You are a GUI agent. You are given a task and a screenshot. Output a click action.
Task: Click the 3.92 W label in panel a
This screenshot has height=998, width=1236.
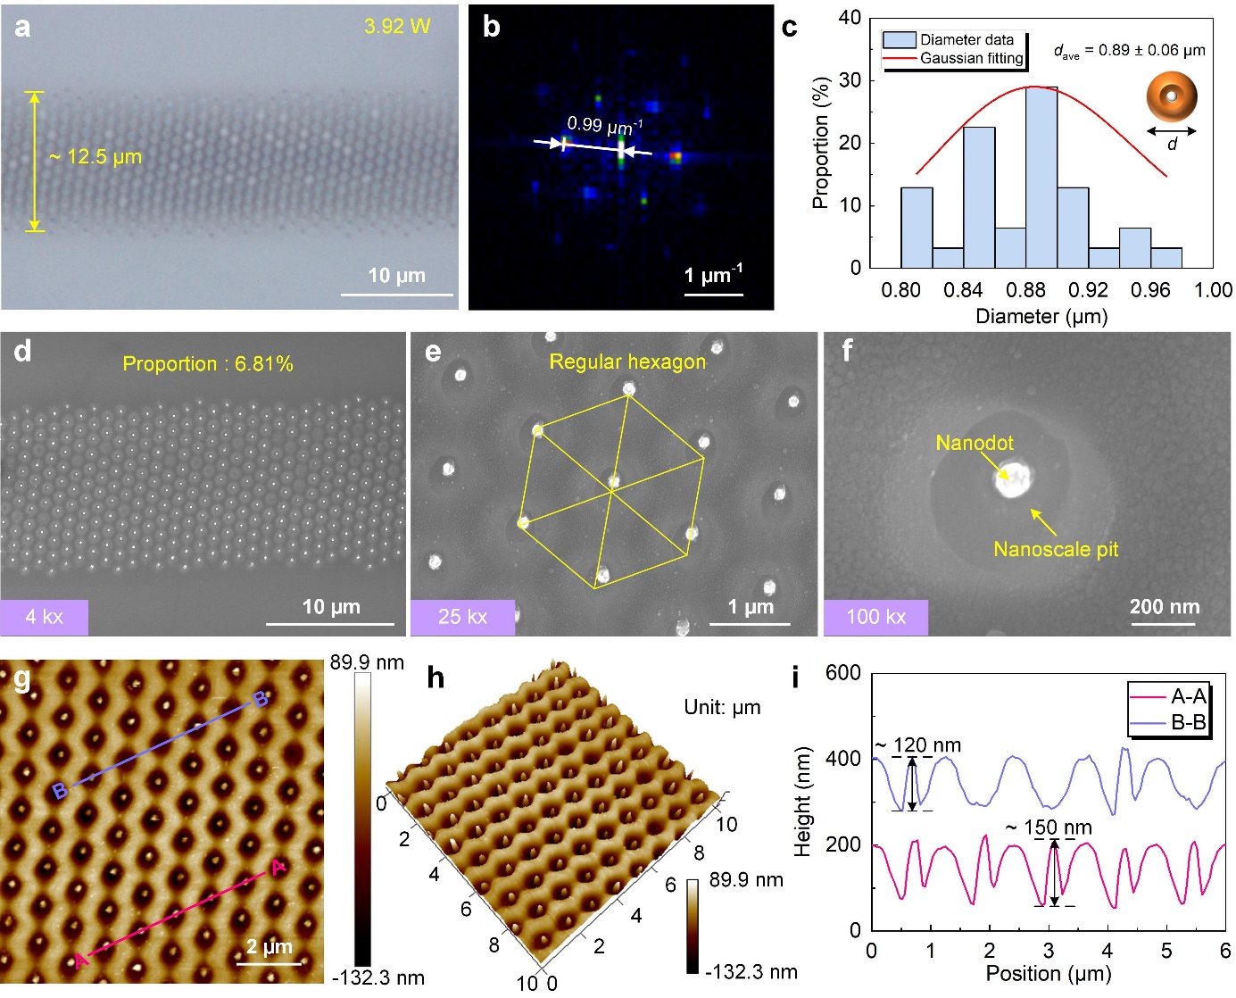[x=397, y=27]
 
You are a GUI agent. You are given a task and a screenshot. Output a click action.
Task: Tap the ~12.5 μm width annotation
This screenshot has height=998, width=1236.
[x=95, y=157]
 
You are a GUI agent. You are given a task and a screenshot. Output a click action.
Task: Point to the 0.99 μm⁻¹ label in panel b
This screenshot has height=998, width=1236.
[x=604, y=126]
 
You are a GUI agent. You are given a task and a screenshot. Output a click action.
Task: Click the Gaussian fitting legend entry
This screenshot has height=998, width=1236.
[x=971, y=58]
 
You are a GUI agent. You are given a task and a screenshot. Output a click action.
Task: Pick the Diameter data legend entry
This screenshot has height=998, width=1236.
[x=966, y=40]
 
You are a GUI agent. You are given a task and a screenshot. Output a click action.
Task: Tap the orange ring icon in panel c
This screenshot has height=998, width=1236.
[x=1172, y=96]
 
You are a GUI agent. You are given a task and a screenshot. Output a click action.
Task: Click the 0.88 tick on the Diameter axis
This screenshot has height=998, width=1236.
[x=1025, y=290]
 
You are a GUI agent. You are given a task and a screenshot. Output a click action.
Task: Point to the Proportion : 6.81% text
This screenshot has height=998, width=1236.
[x=208, y=364]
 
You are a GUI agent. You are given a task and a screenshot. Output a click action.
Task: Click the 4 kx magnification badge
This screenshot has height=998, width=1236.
[x=45, y=617]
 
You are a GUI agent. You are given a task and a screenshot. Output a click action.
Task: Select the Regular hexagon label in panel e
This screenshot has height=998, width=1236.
[x=627, y=362]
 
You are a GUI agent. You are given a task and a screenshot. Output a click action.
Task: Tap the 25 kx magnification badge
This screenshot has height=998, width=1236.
[x=462, y=617]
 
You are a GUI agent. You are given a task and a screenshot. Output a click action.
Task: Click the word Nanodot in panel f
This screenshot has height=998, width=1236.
[x=975, y=443]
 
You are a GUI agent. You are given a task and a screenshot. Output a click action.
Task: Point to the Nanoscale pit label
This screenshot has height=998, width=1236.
[x=1056, y=549]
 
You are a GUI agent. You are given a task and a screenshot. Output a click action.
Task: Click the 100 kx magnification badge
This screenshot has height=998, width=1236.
[x=875, y=617]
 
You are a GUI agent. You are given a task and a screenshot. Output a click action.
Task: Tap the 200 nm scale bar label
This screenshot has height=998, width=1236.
[x=1165, y=607]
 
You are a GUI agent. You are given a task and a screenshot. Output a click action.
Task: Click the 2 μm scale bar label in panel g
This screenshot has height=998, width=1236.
[x=270, y=947]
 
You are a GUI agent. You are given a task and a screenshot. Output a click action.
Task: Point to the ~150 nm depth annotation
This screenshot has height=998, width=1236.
[x=1049, y=828]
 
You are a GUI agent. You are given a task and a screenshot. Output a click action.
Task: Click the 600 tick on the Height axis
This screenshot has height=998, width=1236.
[x=843, y=673]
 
